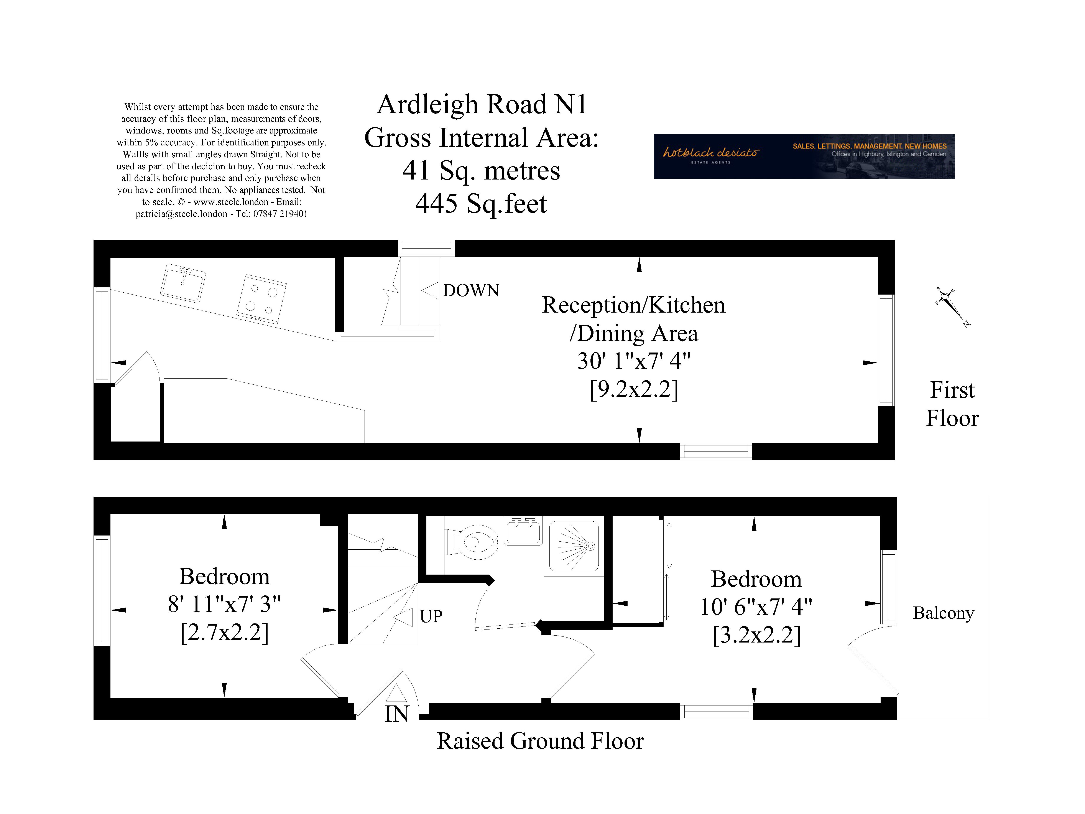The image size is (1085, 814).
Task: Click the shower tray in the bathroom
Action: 574,546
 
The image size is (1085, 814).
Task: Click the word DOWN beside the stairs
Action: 471,290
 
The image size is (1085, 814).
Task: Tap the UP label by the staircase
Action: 431,616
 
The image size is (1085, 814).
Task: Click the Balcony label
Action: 943,613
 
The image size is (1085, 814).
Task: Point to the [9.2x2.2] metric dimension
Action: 634,390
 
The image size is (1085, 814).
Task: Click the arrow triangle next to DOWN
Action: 430,290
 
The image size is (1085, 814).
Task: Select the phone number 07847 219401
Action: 280,214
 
